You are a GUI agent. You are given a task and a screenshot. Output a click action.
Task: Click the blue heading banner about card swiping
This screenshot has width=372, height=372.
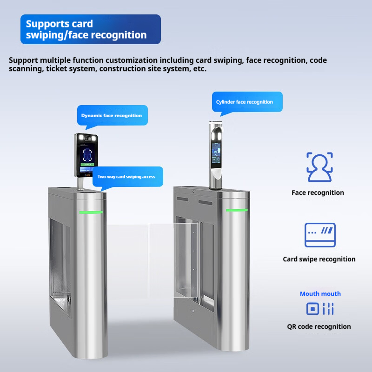coord(91,29)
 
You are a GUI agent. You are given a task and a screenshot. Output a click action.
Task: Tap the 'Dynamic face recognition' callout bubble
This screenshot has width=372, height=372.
coord(112,115)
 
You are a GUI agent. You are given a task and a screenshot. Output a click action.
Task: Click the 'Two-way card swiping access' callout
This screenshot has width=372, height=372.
coord(126,177)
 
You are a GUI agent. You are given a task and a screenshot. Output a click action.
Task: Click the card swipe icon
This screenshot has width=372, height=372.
coord(319,235)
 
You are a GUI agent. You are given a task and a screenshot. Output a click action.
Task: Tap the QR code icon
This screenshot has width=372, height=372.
coord(319,308)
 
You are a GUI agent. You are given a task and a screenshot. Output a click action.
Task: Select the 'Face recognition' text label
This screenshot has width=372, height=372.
coord(318,193)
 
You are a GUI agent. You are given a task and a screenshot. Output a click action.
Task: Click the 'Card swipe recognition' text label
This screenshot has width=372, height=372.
coord(319,259)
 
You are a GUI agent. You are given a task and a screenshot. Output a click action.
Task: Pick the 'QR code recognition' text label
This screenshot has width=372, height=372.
coord(319,326)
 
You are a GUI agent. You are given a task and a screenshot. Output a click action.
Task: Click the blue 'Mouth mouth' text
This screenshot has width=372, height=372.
coord(320,293)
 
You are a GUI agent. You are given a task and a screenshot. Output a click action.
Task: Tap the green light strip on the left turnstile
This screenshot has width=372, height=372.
coord(91,212)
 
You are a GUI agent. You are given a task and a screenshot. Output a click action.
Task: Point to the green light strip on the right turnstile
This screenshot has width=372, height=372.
coord(237,210)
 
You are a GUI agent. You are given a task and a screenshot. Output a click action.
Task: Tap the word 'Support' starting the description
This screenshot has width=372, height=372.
coord(24,60)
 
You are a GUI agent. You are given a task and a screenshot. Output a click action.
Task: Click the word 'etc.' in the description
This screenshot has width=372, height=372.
coord(199,69)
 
